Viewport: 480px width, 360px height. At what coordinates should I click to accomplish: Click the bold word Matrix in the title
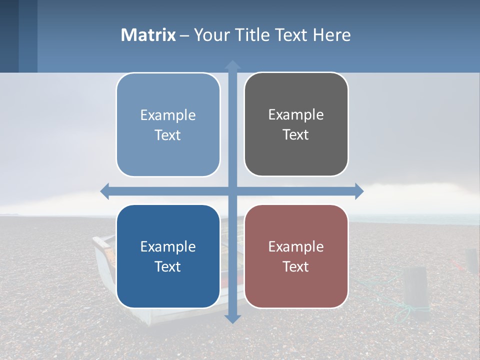point(148,35)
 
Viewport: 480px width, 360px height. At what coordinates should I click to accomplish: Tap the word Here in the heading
point(332,35)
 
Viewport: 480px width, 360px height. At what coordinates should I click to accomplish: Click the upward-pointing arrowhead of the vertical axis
point(232,64)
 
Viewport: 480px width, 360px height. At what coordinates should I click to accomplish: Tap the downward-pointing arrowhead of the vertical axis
point(232,318)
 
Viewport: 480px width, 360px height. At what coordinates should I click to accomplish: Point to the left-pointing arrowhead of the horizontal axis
point(105,191)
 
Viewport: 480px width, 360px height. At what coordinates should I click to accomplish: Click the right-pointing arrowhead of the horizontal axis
point(359,191)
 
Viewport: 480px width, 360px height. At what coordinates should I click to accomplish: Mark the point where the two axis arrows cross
point(232,191)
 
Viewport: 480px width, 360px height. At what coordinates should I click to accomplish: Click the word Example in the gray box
point(296,114)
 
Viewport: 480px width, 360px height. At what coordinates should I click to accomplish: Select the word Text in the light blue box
point(167,135)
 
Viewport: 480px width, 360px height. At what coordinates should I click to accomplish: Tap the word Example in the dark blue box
point(168,246)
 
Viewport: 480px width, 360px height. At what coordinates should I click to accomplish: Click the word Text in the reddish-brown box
point(295,266)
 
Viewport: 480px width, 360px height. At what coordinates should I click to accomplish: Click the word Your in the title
point(211,35)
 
